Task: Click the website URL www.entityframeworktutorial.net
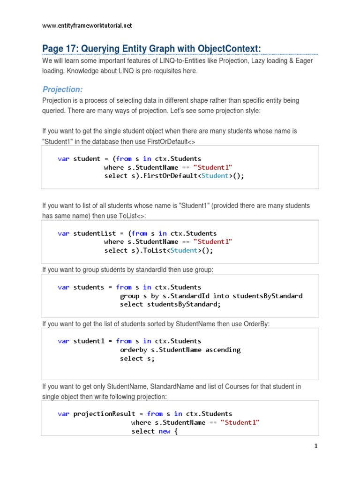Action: [x=87, y=26]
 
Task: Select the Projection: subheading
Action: [x=62, y=89]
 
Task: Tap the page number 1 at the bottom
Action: [x=316, y=446]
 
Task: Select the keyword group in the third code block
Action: [x=129, y=296]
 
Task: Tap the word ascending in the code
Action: [x=223, y=350]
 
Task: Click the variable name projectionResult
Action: [x=105, y=413]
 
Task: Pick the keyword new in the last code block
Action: [x=164, y=431]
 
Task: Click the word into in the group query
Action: [x=220, y=296]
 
